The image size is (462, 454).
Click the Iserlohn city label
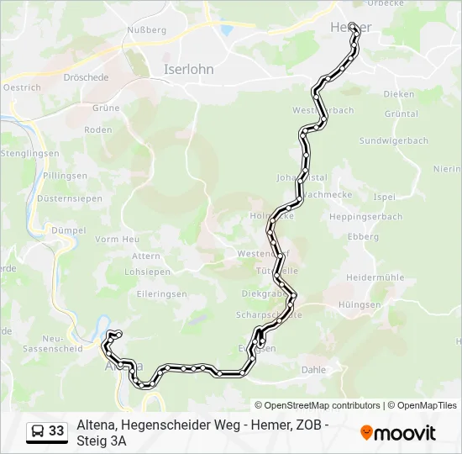[x=189, y=70]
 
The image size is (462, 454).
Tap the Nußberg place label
[x=146, y=30]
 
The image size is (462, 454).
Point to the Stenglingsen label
[x=29, y=153]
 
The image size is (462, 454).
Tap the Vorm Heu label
[x=118, y=240]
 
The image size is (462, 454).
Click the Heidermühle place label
[x=375, y=277]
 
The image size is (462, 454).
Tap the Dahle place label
[x=312, y=369]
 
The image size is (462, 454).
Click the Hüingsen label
[x=360, y=305]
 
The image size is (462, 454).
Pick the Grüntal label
[x=401, y=113]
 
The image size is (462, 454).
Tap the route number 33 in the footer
[x=56, y=431]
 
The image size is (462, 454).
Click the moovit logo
[x=398, y=433]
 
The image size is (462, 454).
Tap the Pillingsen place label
[x=66, y=176]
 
